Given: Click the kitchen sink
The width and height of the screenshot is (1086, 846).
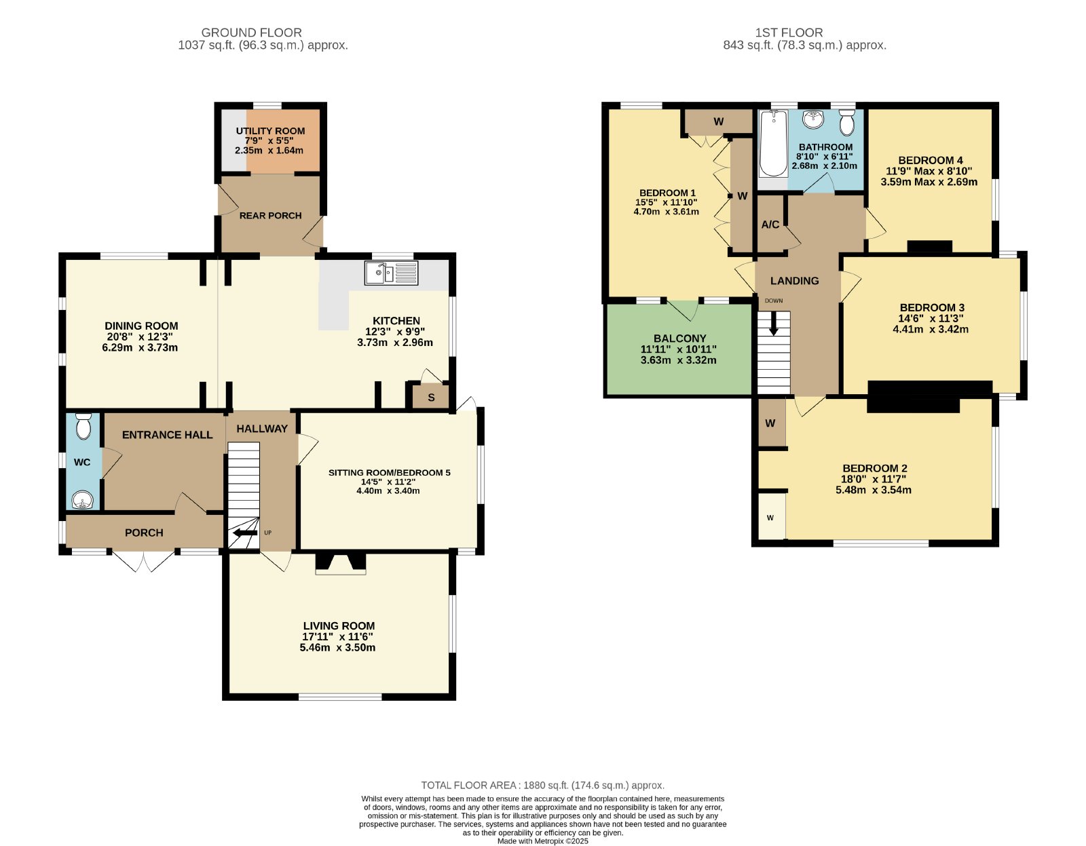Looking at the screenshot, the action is pos(392,273).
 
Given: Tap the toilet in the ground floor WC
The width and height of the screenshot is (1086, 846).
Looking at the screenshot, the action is pos(83,426).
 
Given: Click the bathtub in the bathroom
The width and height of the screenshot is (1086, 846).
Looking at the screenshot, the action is pos(773,144).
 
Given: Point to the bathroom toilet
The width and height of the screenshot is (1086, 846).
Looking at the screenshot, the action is pos(846,122).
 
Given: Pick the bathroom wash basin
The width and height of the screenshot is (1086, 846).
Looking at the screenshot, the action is pos(814,119).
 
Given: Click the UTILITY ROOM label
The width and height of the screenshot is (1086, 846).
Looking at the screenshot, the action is pos(270,131).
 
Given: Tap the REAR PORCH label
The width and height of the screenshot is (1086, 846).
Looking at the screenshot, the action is pos(270,216).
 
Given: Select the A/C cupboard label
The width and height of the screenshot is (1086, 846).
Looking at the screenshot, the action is pos(770,225).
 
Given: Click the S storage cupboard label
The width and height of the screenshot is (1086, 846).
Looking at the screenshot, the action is pos(431,398).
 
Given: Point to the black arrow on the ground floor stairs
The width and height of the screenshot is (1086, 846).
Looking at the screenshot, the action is pos(245,533).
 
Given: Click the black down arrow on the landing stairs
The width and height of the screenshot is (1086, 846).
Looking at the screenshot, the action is pos(774,324).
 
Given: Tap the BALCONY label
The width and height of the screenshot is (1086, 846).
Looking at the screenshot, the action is pos(679,338).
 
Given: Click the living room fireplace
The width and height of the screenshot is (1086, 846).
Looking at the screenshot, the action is pos(340,563).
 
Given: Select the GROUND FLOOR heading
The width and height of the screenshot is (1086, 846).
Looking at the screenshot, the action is pos(251,33).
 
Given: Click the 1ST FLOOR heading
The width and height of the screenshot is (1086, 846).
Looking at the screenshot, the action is pos(789,33).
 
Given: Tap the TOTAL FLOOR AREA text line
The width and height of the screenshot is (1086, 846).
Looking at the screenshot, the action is pos(543,785).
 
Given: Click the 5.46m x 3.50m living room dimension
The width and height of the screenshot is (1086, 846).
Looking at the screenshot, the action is pos(337,648).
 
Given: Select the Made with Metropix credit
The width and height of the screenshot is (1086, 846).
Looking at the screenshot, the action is pos(543,841).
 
